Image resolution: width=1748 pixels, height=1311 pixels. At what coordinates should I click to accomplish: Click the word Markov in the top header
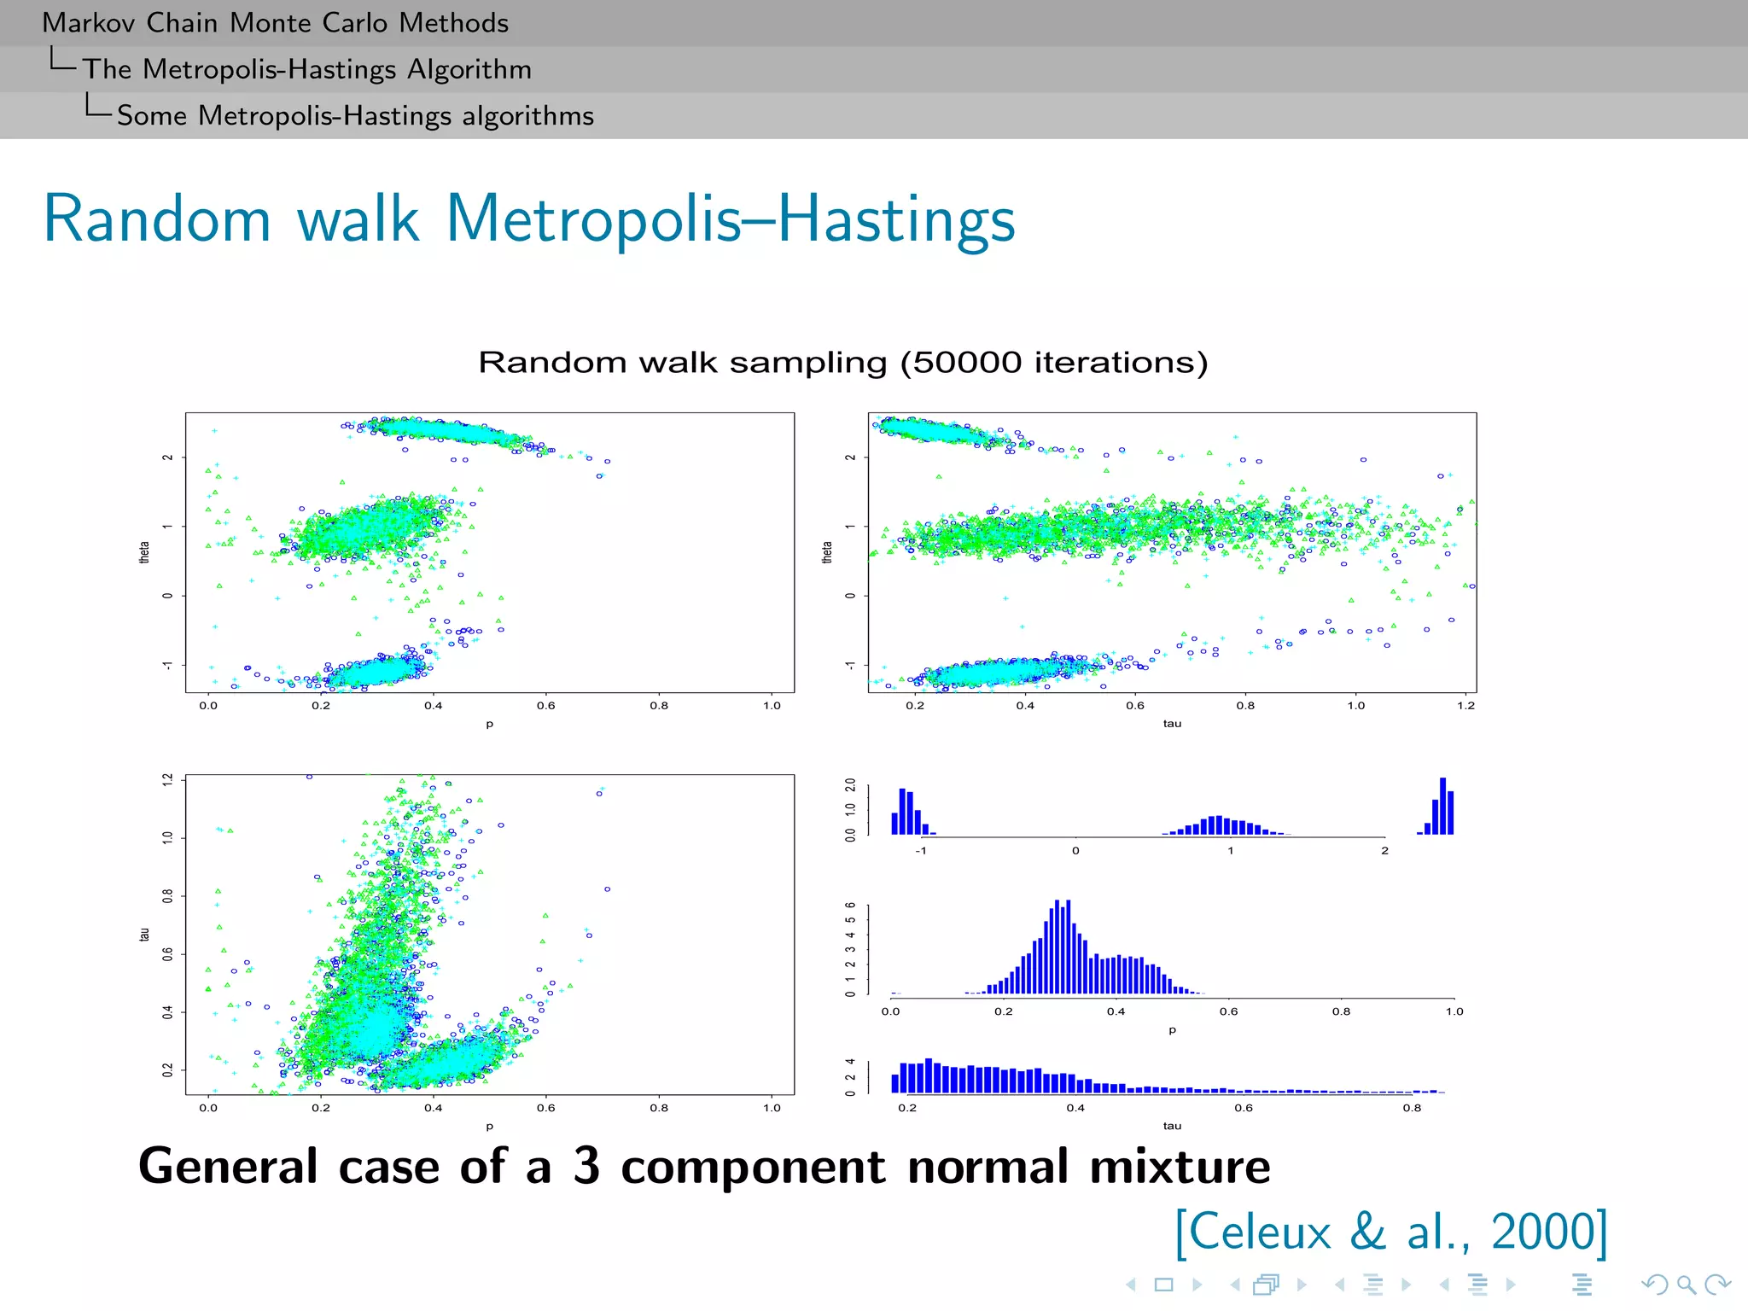tap(90, 23)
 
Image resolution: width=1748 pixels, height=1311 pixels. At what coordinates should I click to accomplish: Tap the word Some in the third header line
tap(151, 116)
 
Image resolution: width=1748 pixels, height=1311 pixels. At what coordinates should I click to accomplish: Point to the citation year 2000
tap(1542, 1232)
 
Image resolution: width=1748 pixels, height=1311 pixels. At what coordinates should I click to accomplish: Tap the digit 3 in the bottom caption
tap(586, 1166)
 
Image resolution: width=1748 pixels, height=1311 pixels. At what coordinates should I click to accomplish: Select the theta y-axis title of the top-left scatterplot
tap(144, 552)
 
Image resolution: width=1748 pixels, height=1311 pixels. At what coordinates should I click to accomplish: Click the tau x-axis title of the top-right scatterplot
tap(1172, 724)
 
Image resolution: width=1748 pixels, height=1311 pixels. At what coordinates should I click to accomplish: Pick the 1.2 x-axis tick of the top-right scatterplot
tap(1465, 706)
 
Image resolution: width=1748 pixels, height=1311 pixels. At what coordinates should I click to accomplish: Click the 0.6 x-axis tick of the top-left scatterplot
tap(545, 706)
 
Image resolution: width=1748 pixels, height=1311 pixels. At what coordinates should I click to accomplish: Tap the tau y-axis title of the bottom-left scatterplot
tap(144, 935)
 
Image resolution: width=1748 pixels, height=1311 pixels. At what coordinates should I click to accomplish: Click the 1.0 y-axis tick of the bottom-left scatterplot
tap(168, 837)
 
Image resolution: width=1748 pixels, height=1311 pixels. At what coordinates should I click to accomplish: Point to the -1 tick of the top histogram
tap(920, 851)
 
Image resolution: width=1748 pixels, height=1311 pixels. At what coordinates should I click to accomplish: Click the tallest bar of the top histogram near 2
tap(1442, 806)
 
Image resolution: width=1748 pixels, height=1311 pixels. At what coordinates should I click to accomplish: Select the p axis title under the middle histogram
tap(1172, 1030)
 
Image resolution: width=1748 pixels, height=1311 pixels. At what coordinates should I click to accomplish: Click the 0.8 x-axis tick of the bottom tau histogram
tap(1412, 1108)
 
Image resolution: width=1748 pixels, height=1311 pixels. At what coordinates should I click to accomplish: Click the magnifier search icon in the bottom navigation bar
tap(1685, 1284)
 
